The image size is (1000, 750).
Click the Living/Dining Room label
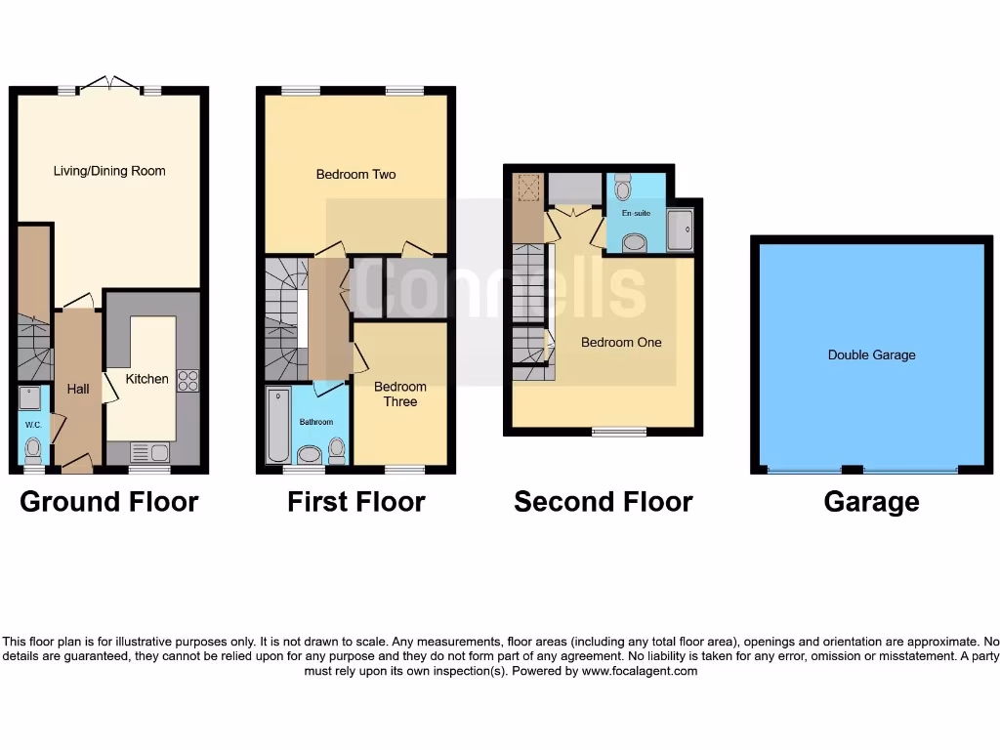pos(108,171)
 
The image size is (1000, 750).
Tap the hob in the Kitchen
pos(187,380)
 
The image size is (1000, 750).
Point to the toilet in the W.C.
pos(33,449)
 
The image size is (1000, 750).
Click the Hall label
pos(78,389)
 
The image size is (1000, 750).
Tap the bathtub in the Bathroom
pos(277,425)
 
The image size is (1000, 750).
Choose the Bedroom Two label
pos(355,175)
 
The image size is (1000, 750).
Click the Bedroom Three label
pos(400,395)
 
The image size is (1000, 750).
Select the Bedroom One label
pos(621,343)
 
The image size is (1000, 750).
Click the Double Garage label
pos(871,355)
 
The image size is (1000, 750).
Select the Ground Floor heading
pos(109,502)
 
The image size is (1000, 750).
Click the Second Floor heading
pos(603,502)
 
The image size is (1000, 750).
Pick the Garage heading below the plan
pos(871,502)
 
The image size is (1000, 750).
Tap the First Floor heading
pos(355,502)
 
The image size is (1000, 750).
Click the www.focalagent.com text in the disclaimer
pos(640,671)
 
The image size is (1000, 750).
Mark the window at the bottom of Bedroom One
pos(619,431)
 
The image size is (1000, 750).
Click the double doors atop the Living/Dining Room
pos(108,86)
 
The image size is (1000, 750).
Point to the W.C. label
pos(32,425)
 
